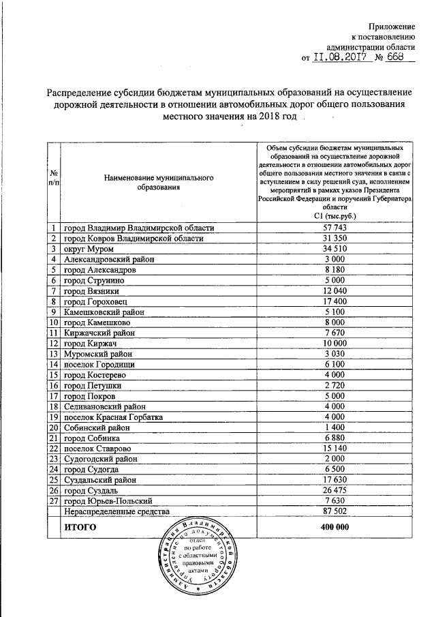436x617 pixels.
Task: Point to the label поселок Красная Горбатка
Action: (113, 417)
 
